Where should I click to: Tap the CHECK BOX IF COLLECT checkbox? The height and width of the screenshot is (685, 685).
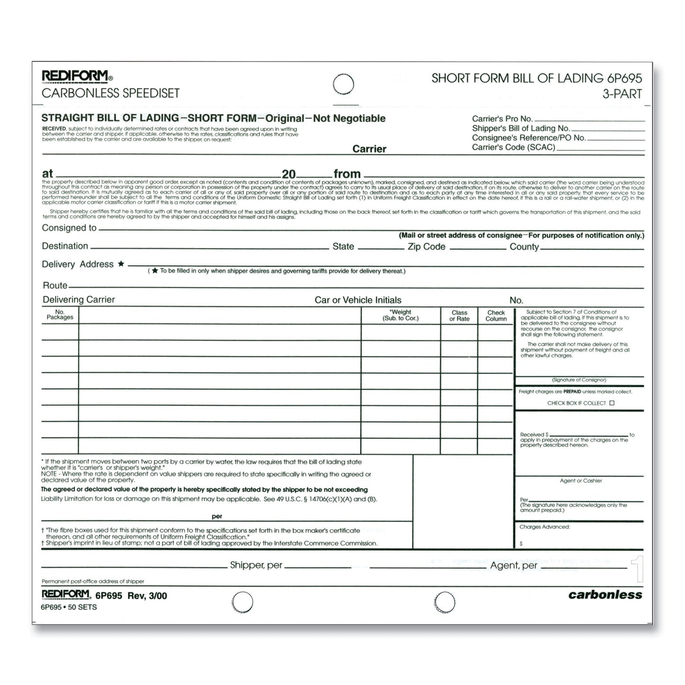click(x=612, y=403)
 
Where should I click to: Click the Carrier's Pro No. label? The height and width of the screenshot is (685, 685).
click(x=502, y=119)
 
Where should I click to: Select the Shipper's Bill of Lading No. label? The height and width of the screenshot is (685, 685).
click(x=521, y=128)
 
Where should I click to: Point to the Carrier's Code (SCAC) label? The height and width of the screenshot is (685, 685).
click(x=513, y=147)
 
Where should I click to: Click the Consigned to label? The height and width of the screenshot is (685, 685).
click(x=69, y=228)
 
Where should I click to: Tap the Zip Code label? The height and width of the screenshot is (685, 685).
click(x=426, y=247)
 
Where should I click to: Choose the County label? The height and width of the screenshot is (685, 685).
click(x=524, y=247)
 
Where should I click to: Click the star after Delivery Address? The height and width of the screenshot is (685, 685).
click(x=121, y=264)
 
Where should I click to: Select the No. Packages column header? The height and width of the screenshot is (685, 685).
click(x=60, y=315)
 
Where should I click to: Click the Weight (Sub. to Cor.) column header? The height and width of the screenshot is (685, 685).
click(x=401, y=315)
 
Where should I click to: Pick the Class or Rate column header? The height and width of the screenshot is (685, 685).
click(x=459, y=316)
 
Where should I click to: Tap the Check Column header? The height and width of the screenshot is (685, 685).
click(x=496, y=316)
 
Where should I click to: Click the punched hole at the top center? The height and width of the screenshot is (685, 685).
click(x=343, y=85)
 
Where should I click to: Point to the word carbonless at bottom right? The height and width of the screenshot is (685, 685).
click(x=605, y=594)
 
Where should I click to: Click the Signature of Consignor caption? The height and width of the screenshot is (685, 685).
click(x=579, y=380)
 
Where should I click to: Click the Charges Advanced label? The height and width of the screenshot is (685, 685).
click(x=545, y=527)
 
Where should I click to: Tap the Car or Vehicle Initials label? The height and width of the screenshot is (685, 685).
click(x=358, y=300)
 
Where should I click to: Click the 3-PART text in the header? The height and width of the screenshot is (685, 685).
click(x=622, y=94)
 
